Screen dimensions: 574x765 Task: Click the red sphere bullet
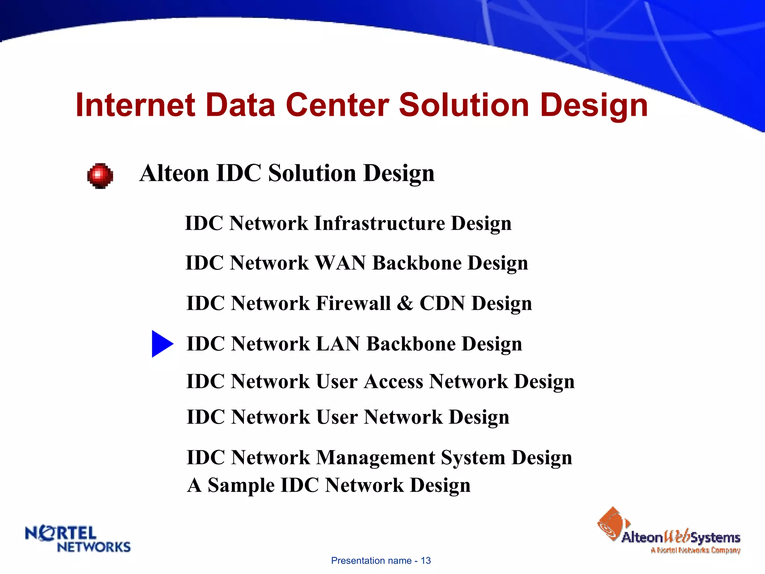(100, 176)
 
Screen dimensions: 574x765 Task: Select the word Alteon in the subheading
(174, 173)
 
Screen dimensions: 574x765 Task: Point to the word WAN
(340, 263)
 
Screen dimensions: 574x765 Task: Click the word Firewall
(353, 303)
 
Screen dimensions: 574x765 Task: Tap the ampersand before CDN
(405, 303)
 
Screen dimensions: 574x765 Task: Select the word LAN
(338, 344)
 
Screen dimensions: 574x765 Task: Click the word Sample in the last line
(241, 485)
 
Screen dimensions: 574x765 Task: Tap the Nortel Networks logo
(78, 539)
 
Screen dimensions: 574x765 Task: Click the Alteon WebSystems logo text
(681, 537)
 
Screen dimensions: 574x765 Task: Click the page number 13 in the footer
(426, 561)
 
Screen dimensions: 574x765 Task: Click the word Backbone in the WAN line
(417, 263)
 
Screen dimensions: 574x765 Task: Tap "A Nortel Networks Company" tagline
(695, 550)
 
